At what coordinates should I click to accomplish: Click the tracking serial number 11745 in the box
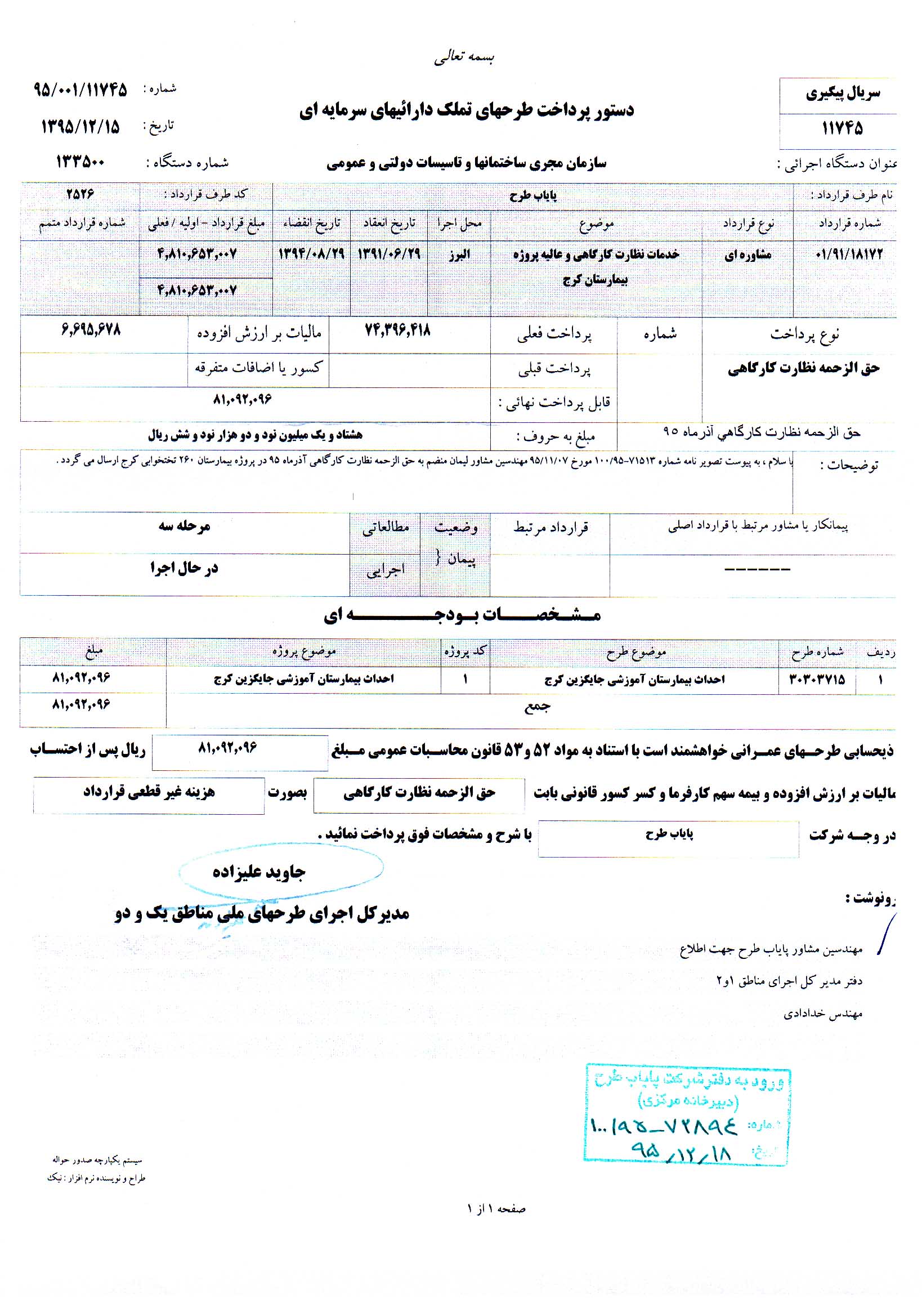[842, 128]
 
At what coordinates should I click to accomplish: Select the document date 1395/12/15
[80, 127]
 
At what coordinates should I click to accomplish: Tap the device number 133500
[80, 162]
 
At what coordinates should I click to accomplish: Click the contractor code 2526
[80, 194]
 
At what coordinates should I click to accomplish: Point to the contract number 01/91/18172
[849, 254]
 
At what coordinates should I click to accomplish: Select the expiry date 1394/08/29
[311, 253]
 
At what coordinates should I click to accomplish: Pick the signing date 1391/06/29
[389, 253]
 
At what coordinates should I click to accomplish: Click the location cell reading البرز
[459, 254]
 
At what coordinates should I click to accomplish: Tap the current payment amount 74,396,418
[397, 331]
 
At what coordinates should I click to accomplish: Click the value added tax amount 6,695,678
[91, 330]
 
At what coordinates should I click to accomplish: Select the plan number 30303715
[817, 679]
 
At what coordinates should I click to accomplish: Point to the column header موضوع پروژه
[304, 651]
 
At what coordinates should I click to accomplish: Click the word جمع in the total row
[537, 707]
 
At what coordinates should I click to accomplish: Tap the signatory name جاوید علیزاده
[259, 872]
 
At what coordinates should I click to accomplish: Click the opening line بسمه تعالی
[464, 57]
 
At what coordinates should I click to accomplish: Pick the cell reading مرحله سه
[184, 526]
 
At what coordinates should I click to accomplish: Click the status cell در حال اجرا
[184, 568]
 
